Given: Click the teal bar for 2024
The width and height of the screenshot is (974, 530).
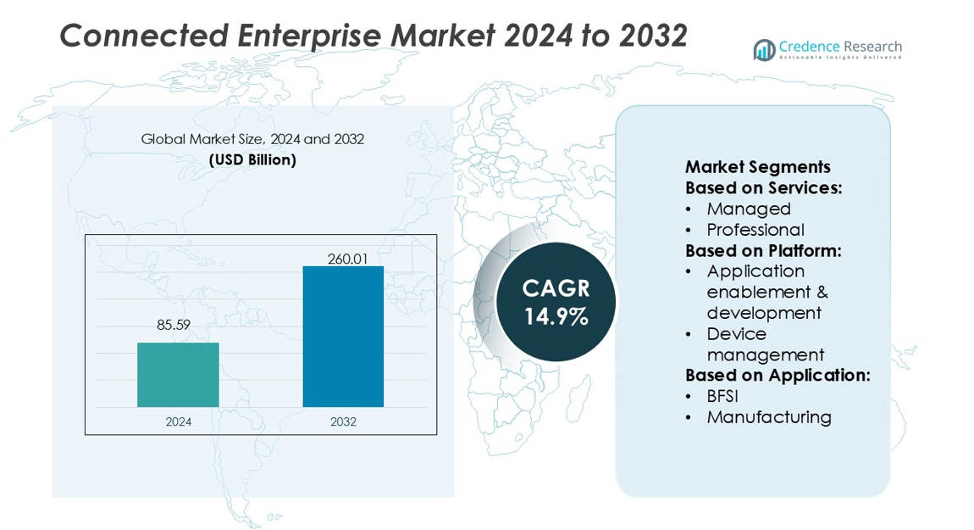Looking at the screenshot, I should [x=178, y=375].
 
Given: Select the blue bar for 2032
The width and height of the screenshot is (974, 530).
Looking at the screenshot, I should [x=343, y=337].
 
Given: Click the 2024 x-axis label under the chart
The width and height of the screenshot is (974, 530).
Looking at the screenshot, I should [x=178, y=421].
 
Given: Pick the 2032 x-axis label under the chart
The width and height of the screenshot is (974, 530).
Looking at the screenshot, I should [x=343, y=421].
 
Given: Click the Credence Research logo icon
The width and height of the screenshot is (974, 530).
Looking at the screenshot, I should [x=764, y=50].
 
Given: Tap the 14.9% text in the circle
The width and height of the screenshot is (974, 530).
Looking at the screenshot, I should [x=556, y=318].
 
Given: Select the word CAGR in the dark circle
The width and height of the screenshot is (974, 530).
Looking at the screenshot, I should [x=556, y=288].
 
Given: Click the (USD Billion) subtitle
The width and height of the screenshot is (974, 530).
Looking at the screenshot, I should [x=252, y=160].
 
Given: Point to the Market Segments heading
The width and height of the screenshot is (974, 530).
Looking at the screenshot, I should [x=757, y=167].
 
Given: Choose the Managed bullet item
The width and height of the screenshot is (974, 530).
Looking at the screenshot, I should [x=749, y=209].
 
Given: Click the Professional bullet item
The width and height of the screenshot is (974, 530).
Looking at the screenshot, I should [x=755, y=230].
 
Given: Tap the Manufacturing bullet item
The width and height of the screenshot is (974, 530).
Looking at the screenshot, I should [x=769, y=417].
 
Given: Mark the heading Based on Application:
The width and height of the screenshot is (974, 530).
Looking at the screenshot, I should [x=778, y=375].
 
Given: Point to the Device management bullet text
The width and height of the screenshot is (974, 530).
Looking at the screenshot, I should [x=765, y=344].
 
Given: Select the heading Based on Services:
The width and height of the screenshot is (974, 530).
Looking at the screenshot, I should [x=763, y=188].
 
